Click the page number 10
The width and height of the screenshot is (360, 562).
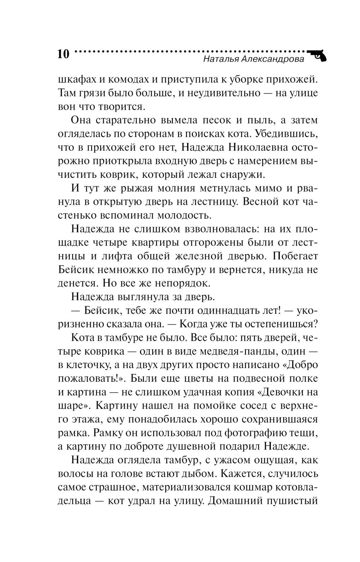pyautogui.click(x=63, y=54)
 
